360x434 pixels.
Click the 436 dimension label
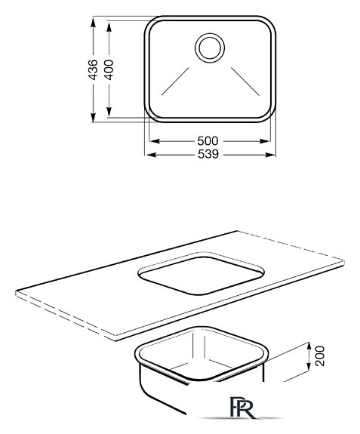(94, 69)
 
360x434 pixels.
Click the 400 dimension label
(109, 69)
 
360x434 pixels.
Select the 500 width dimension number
(208, 141)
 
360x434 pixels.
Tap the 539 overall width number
(208, 154)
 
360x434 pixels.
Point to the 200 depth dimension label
(320, 356)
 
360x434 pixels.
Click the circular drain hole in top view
(210, 48)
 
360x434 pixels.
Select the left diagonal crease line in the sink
(175, 82)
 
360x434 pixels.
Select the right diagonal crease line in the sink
(245, 82)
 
